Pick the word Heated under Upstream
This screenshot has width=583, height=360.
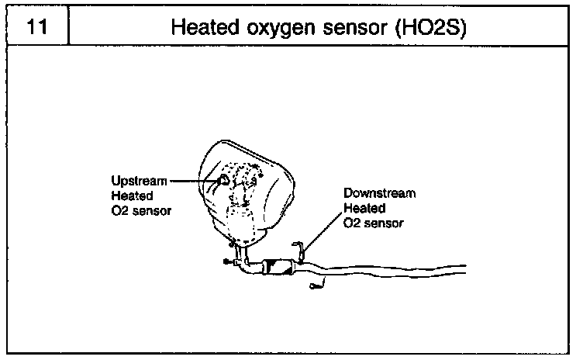click(129, 196)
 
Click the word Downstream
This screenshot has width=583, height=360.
click(380, 194)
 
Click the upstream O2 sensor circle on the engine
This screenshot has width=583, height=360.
click(222, 181)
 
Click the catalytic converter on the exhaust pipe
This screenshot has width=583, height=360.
click(280, 268)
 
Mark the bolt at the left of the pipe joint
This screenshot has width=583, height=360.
click(226, 261)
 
